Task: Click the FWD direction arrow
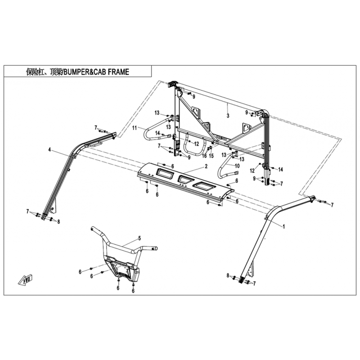26,279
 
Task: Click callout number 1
284,227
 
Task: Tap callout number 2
206,166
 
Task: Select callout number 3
228,116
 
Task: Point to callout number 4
49,150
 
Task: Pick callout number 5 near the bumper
139,238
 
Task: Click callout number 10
237,166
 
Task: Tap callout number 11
134,128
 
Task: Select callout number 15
211,156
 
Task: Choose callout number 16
204,156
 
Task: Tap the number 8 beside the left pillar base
58,222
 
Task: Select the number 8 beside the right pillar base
228,275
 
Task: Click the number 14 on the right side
280,170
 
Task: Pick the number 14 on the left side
157,133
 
